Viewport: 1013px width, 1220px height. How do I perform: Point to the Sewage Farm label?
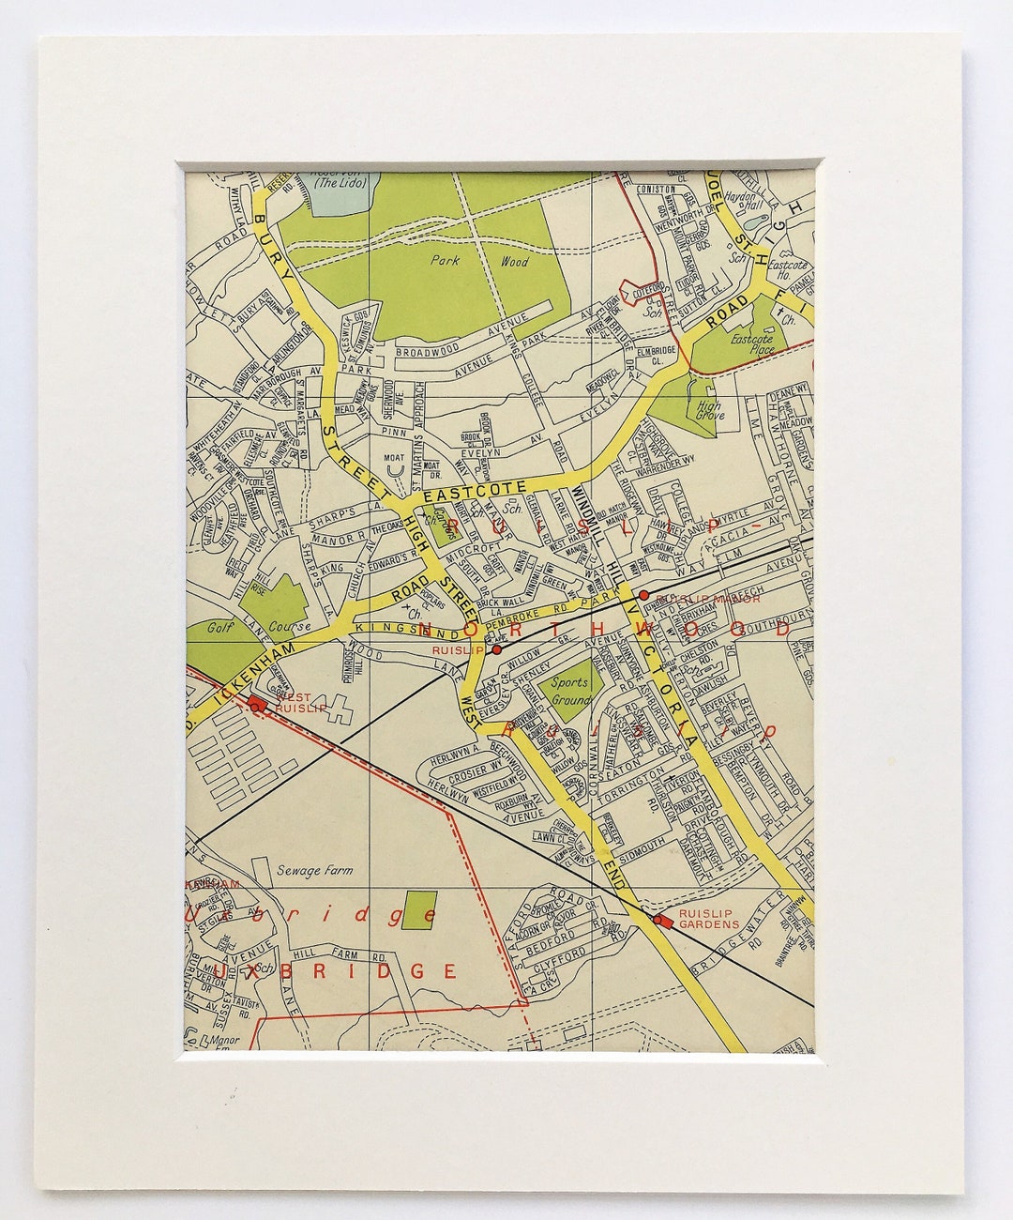314,870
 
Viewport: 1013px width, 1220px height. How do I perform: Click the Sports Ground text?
569,690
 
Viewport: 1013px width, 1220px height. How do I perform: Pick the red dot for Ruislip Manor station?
643,595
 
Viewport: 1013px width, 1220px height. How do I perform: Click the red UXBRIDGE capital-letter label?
334,970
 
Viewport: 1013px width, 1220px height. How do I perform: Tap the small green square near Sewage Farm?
418,910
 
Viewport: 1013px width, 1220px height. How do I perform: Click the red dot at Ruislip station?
496,648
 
